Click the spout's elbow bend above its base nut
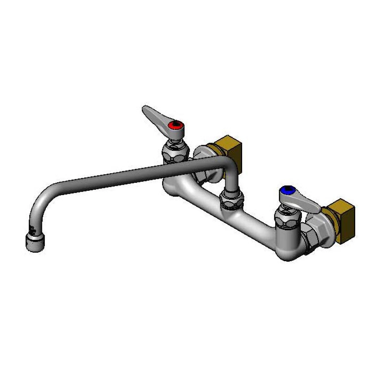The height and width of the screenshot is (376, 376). pyautogui.click(x=229, y=169)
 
